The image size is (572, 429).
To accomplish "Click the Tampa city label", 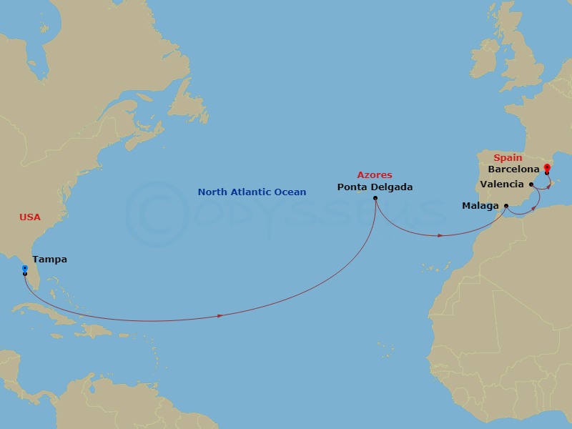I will tap(50, 260).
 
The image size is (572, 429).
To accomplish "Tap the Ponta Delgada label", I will tap(374, 188).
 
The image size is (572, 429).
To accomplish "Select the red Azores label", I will tap(375, 174).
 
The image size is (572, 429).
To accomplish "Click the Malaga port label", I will tap(480, 206).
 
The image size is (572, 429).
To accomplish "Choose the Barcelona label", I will tap(513, 170).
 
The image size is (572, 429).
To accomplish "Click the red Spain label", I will tap(508, 157).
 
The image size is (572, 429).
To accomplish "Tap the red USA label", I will tap(29, 217).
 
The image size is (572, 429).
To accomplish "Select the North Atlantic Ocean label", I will tap(252, 192).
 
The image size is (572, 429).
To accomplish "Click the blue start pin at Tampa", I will tap(24, 269).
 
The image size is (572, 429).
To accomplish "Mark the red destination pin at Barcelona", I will tap(547, 169).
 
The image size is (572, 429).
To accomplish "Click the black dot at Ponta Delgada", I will tap(375, 198).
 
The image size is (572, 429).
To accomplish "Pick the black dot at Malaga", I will tap(506, 206).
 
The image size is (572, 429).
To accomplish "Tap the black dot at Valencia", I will tap(533, 184).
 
